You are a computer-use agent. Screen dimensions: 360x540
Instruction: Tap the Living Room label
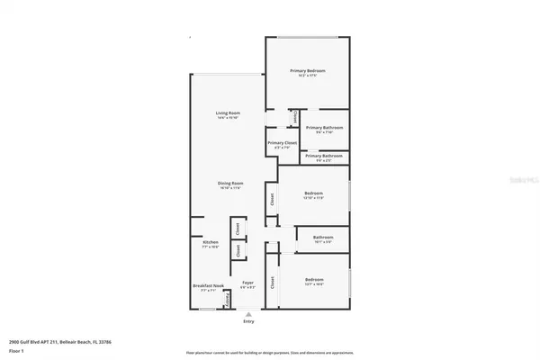pos(227,114)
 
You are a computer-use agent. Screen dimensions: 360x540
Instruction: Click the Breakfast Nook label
pos(207,287)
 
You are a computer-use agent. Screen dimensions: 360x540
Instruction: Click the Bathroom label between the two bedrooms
pos(323,239)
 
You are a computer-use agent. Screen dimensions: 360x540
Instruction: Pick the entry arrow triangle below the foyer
pos(247,313)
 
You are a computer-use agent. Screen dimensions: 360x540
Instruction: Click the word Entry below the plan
pos(247,321)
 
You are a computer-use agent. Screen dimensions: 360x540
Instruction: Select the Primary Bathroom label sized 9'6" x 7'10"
pos(323,130)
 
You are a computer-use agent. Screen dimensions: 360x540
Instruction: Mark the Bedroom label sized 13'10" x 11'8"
pos(313,194)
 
